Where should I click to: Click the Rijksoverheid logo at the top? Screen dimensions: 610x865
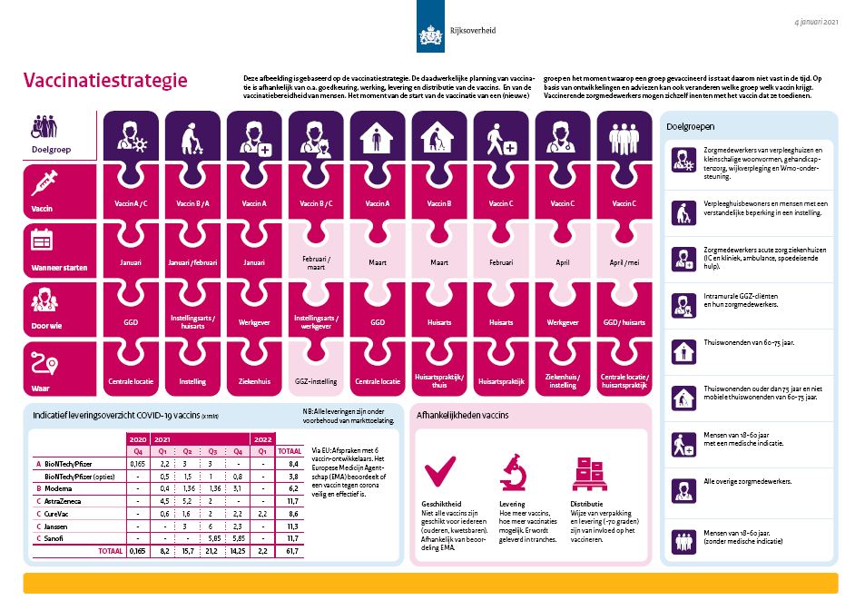point(433,33)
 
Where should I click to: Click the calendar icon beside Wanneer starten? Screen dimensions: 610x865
point(43,241)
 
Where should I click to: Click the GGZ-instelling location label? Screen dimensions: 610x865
point(313,381)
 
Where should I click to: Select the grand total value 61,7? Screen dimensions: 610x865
point(290,550)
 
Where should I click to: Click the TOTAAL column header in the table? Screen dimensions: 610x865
point(290,449)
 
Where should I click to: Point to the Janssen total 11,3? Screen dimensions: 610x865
point(290,525)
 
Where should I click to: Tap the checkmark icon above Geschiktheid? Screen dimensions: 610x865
point(441,471)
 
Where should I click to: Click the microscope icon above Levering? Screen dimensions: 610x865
point(513,472)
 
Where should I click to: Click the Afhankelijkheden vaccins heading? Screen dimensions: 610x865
point(462,415)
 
